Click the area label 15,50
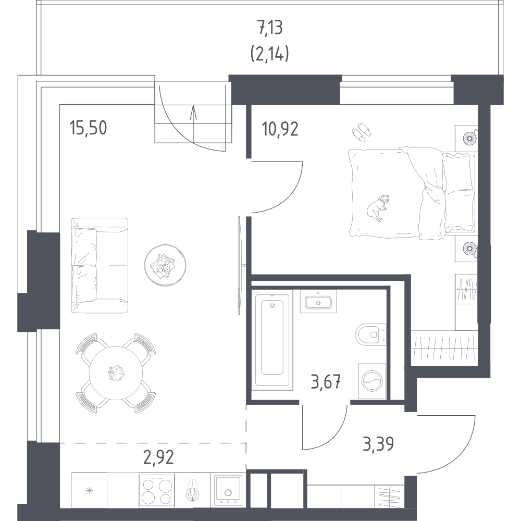coord(88,128)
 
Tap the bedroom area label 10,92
coord(280,129)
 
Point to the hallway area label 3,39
coord(378,444)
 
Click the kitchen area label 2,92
coord(158,457)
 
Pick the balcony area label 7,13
coord(270,28)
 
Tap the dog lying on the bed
coord(378,208)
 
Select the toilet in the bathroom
coord(370,335)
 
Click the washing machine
coord(372,381)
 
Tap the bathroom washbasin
coord(318,301)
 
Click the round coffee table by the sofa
coord(165,265)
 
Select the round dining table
coord(116,373)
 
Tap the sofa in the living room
coord(100,265)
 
